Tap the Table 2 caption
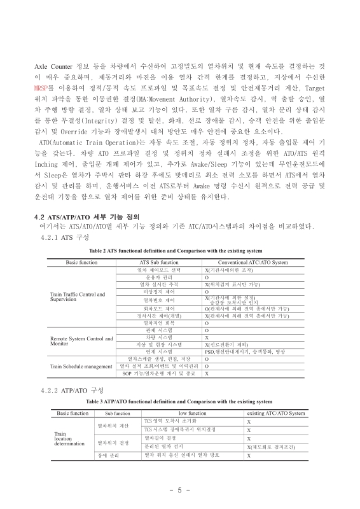pos(180,251)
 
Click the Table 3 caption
pos(180,401)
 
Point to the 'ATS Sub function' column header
pos(158,262)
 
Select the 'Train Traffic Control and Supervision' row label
pos(77,296)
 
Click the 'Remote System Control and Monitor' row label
pos(81,340)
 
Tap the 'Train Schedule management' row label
pos(81,366)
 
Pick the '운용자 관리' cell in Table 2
pos(158,278)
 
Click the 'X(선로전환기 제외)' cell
pos(230,344)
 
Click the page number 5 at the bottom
pos(180,491)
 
